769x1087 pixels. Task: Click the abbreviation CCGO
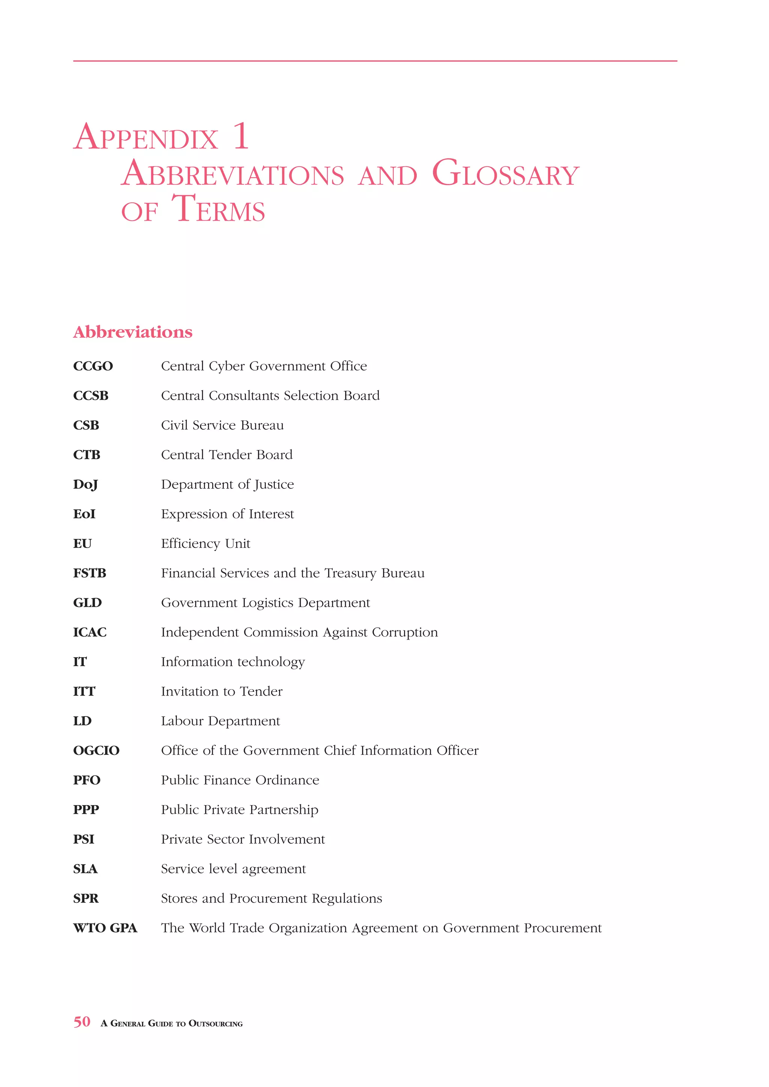point(93,366)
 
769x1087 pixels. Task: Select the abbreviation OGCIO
point(96,751)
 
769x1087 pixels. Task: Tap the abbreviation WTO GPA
point(105,928)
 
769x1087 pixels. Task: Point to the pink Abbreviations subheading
point(133,332)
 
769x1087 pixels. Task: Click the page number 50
point(81,1022)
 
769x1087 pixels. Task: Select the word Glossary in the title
point(505,174)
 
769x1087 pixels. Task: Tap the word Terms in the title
point(218,209)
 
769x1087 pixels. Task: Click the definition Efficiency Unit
point(205,544)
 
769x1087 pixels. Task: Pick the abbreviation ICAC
point(89,632)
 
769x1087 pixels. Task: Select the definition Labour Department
point(220,721)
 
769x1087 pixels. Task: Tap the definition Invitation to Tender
point(222,692)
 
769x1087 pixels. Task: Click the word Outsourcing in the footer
point(216,1024)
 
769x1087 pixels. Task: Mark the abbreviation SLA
point(85,869)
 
